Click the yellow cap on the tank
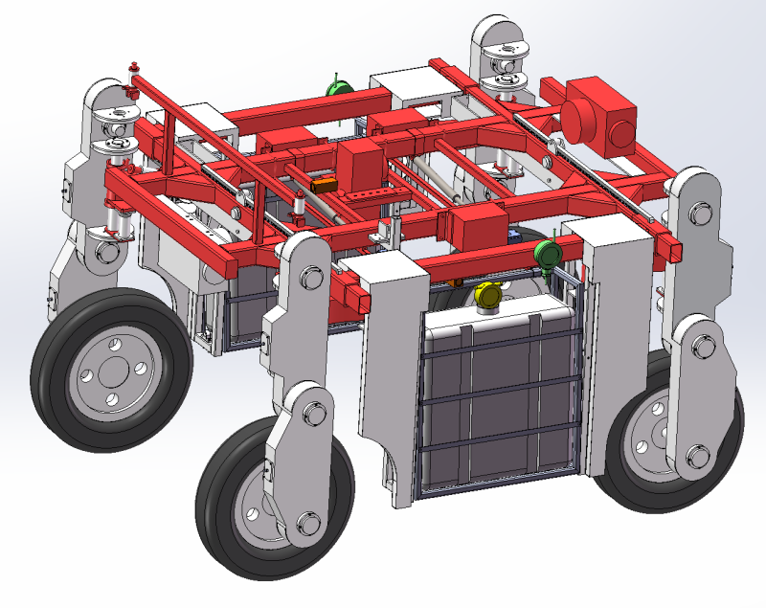[x=487, y=296]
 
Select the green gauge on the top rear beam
[x=337, y=89]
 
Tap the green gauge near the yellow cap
[x=548, y=255]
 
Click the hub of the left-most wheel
[x=108, y=372]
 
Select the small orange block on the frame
[x=324, y=184]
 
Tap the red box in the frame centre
[x=359, y=167]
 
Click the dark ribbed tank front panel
[x=498, y=402]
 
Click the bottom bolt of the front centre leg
[x=308, y=522]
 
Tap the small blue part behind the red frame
[x=518, y=234]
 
